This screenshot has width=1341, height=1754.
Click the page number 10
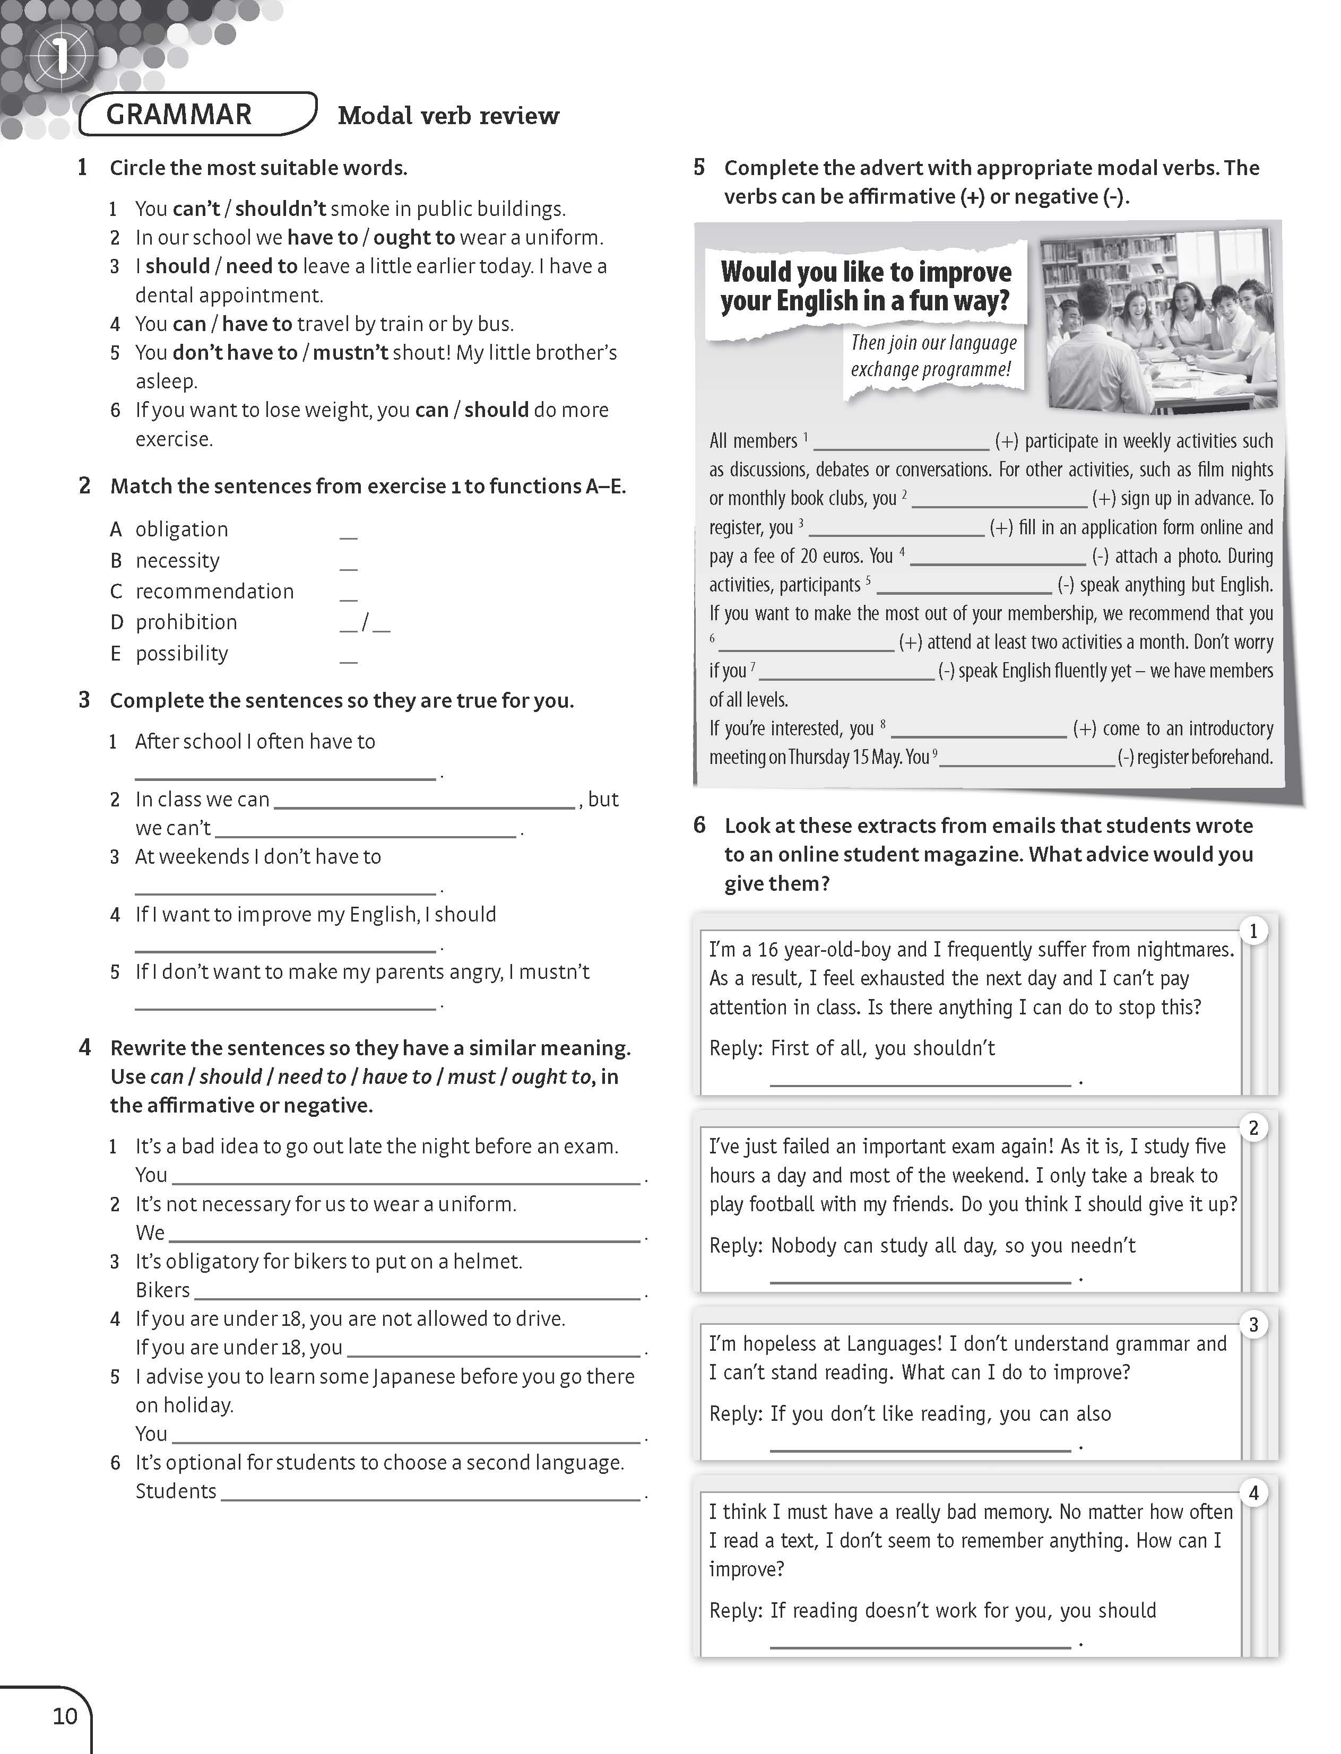65,1716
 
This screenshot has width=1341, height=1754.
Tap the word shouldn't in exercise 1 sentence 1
280,209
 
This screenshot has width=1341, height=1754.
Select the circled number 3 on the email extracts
1253,1325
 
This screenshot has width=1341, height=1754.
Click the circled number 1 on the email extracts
1253,931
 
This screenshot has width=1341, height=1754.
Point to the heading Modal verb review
448,116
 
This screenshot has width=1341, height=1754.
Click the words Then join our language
933,343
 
